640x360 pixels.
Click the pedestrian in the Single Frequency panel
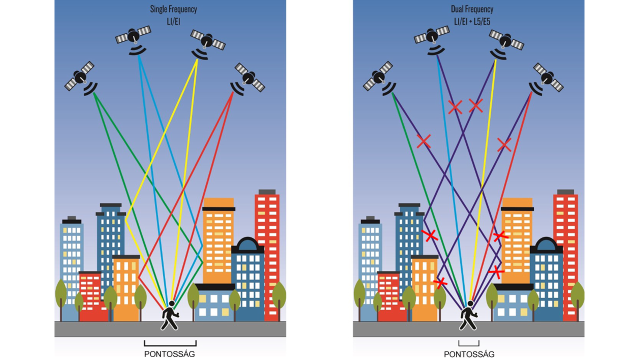click(169, 315)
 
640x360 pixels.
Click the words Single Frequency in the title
click(173, 9)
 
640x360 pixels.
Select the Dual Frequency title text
click(472, 9)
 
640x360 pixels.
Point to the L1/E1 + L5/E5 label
click(472, 21)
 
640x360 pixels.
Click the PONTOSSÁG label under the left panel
click(169, 354)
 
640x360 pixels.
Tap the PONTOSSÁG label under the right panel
click(469, 354)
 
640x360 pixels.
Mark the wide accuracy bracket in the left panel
click(170, 343)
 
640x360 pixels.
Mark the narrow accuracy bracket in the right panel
click(469, 343)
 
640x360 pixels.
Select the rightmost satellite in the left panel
click(249, 77)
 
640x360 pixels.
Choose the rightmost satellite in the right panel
click(548, 77)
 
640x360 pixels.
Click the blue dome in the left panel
click(247, 245)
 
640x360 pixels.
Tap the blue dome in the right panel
click(546, 245)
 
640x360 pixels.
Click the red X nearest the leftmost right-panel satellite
click(423, 141)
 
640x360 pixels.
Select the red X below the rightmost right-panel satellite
click(504, 145)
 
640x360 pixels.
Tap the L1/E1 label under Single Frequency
click(173, 21)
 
